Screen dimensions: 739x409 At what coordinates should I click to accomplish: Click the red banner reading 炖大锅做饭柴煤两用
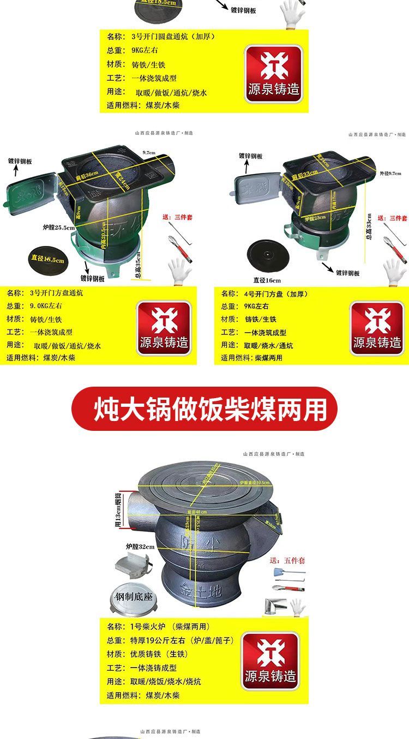204,409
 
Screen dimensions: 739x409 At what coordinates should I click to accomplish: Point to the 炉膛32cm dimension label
140,546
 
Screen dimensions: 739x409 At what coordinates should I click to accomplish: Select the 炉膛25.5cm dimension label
58,227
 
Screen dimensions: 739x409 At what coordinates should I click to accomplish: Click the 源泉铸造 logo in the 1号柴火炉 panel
271,660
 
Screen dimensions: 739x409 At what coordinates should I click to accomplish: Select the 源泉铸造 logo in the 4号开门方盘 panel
377,328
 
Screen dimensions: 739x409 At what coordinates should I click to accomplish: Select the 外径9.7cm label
390,173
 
